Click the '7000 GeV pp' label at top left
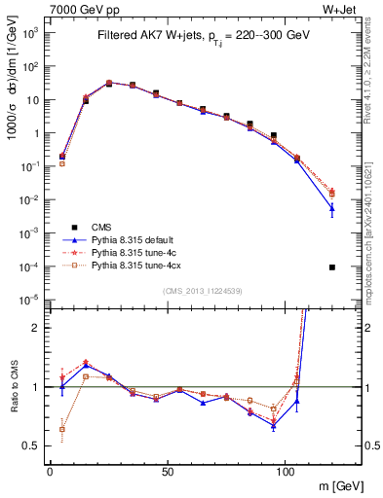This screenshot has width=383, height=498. tap(77, 8)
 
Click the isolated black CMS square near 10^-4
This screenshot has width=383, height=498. tap(332, 267)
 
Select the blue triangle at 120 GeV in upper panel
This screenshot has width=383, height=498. tap(332, 207)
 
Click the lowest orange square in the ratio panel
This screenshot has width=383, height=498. tap(62, 429)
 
